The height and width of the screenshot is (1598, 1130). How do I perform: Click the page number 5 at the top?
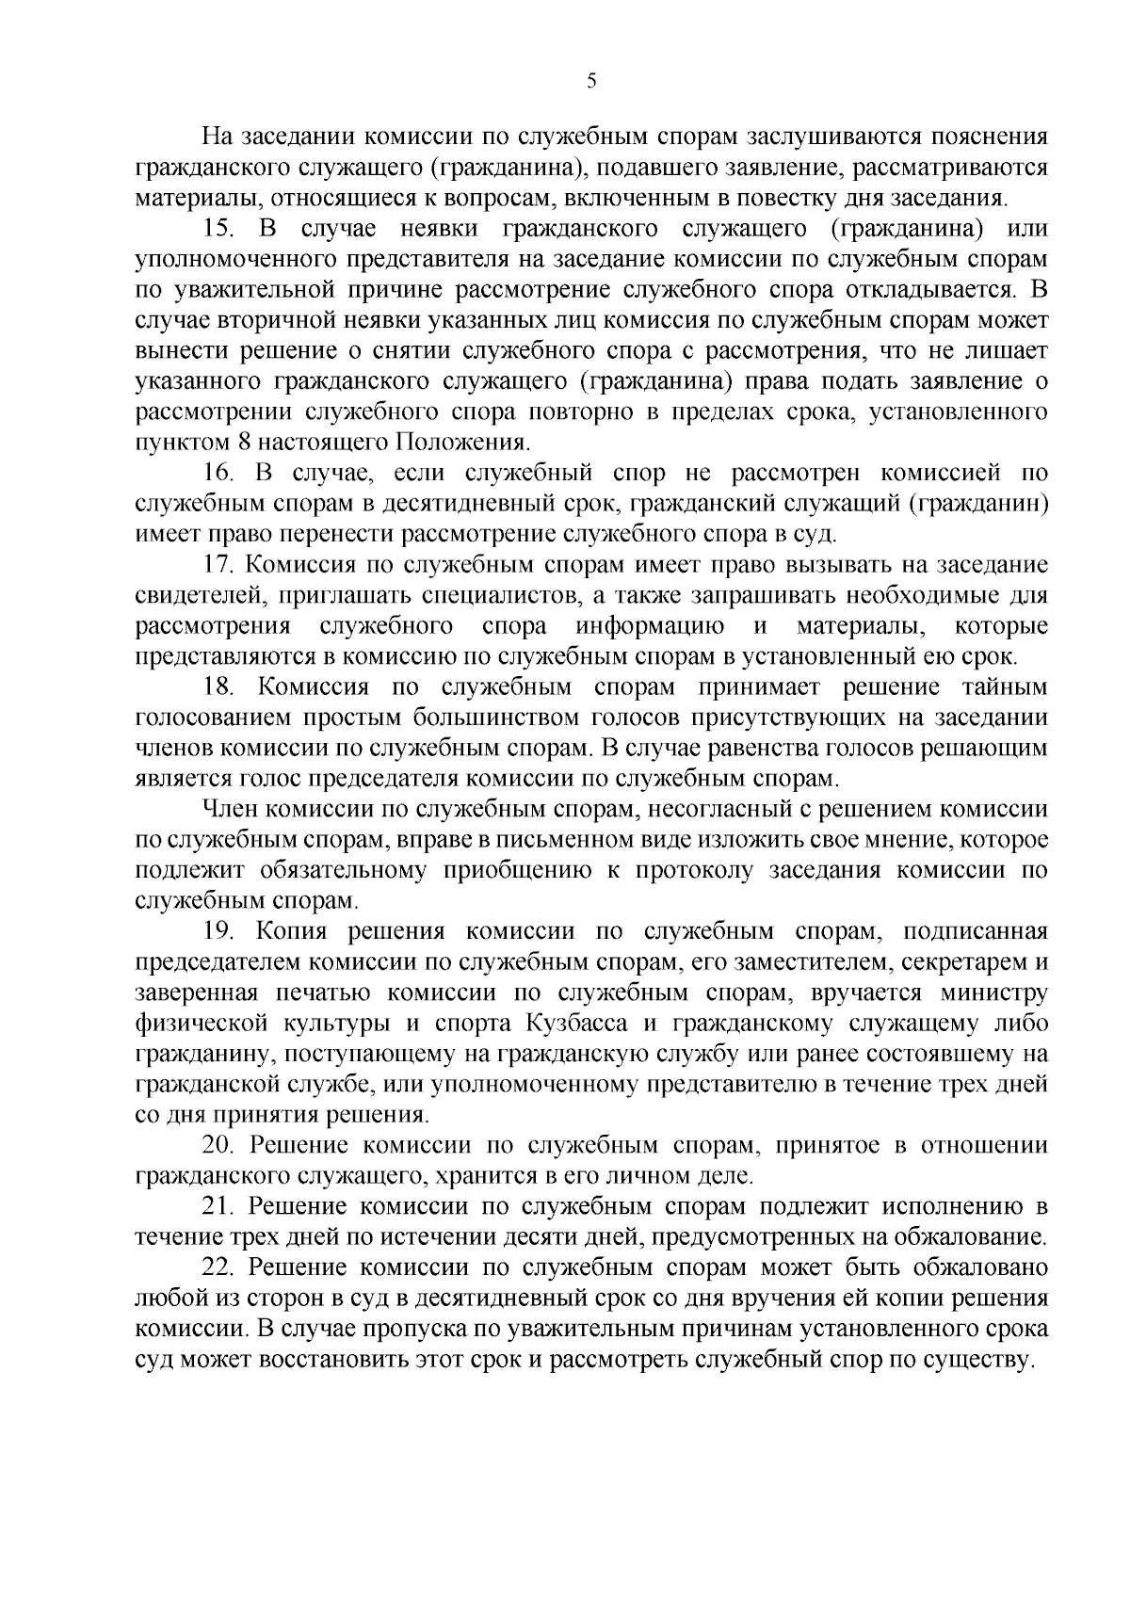coord(591,81)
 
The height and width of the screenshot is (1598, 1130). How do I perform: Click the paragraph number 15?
coord(222,229)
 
